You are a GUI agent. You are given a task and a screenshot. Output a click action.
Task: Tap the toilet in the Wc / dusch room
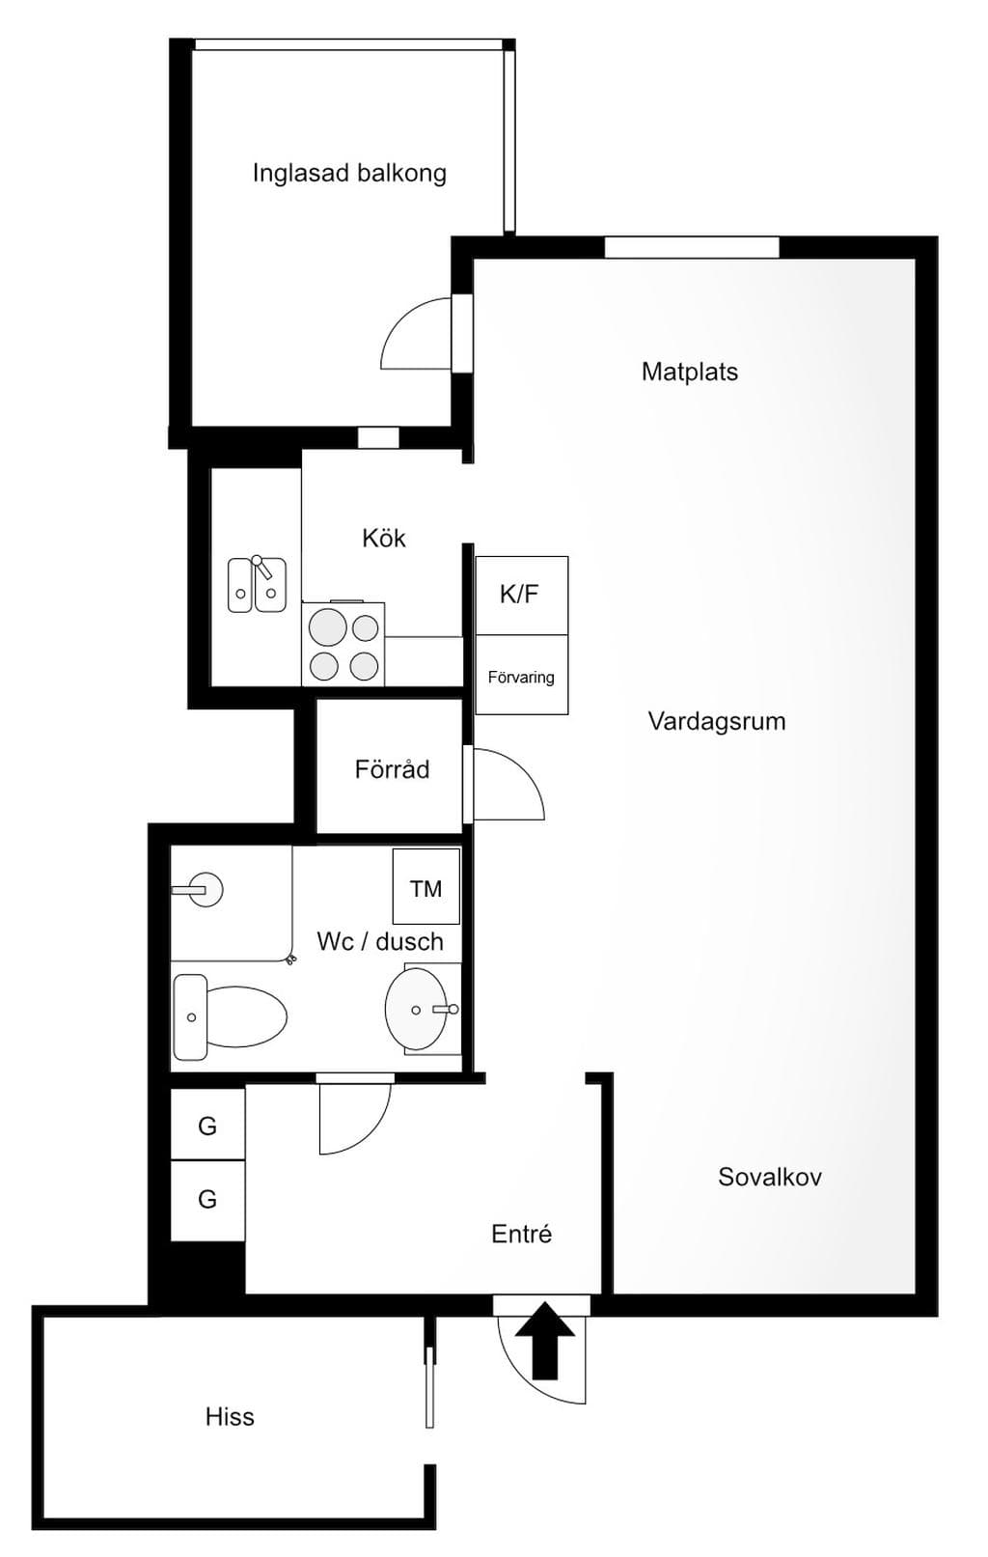[230, 1016]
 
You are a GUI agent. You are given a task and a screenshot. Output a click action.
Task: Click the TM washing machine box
[425, 886]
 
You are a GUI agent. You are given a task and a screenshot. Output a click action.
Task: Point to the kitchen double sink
[257, 584]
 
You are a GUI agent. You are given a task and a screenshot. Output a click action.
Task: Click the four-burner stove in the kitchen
[343, 644]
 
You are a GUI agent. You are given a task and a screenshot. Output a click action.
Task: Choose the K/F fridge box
[521, 595]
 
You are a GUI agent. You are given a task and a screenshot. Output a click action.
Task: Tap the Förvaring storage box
[521, 674]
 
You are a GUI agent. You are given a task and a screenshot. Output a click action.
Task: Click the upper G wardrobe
[207, 1124]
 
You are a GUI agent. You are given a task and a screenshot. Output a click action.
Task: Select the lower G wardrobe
[207, 1200]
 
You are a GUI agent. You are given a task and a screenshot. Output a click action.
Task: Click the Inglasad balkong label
[349, 173]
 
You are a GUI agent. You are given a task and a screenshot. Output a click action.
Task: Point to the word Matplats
[689, 372]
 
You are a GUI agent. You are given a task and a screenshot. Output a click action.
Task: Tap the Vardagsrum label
[717, 721]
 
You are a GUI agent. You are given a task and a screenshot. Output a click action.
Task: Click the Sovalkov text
[770, 1177]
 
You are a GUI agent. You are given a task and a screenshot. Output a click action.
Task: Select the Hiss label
[230, 1417]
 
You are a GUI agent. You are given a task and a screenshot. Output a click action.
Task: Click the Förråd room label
[392, 769]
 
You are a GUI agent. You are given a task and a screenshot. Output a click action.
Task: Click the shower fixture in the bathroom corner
[198, 890]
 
